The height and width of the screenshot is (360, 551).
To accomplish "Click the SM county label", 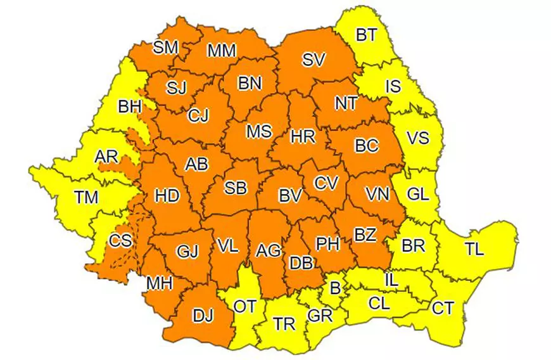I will (x=166, y=48).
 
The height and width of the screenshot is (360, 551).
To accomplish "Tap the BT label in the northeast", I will (x=366, y=35).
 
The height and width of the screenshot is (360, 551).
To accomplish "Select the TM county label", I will (x=86, y=197).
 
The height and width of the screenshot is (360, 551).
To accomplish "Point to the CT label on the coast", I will (x=443, y=309).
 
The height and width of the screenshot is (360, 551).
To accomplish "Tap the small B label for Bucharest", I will (x=335, y=288).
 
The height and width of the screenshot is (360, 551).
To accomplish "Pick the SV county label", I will (x=313, y=60).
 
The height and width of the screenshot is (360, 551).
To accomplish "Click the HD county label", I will (x=167, y=196).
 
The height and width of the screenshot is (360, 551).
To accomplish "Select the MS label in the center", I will (x=258, y=131).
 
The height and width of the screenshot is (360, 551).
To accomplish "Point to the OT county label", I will (x=245, y=307).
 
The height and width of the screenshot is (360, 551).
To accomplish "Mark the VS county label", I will (x=417, y=138).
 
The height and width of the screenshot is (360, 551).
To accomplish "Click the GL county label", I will (x=417, y=195).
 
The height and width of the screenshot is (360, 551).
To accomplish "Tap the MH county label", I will (x=159, y=283).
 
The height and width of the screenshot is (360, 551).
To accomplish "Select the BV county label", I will (x=289, y=196).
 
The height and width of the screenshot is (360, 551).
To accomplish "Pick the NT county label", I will (x=346, y=103).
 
